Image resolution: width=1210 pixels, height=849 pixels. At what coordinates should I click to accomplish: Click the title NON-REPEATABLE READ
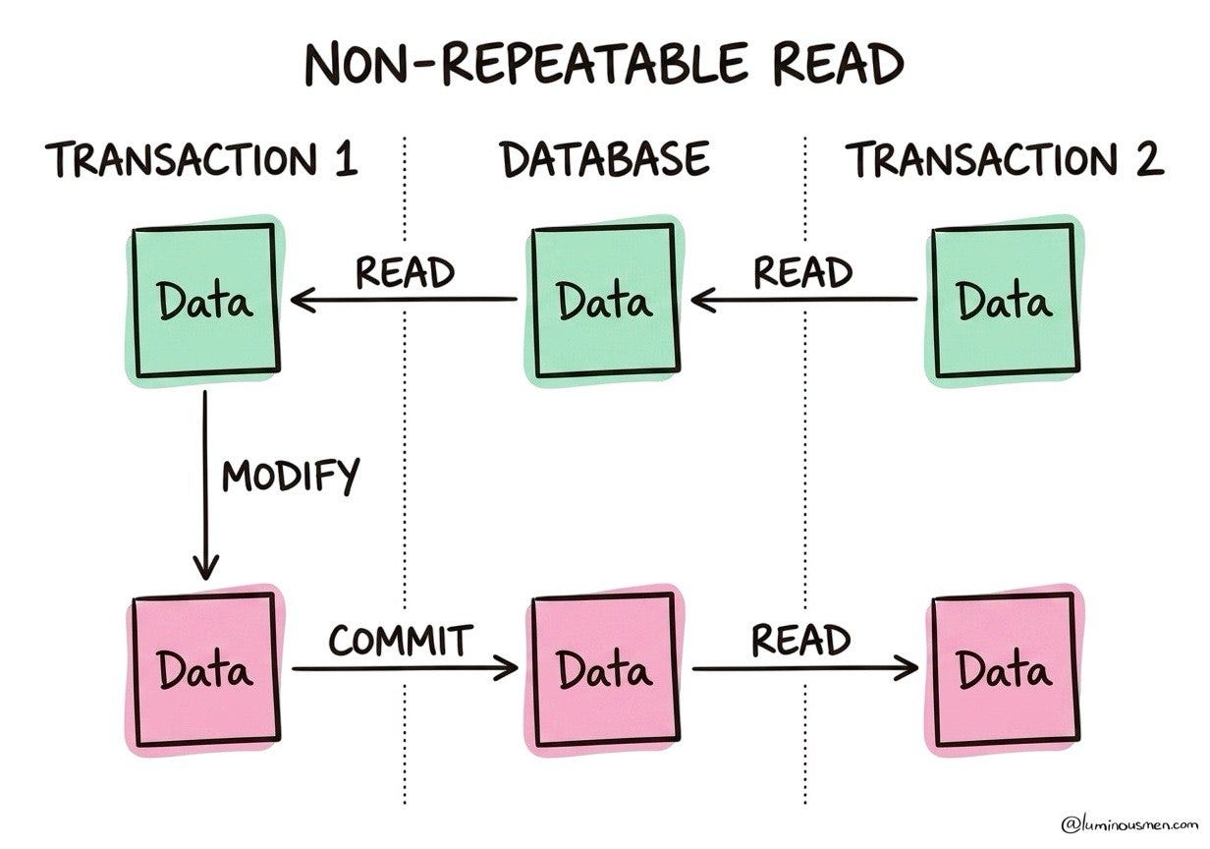click(x=604, y=63)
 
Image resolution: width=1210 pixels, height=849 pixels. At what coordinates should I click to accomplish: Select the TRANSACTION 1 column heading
click(x=201, y=159)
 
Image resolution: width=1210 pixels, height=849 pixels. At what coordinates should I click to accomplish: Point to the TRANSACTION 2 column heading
click(x=1006, y=159)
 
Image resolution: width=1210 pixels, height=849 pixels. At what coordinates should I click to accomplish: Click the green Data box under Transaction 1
click(x=206, y=301)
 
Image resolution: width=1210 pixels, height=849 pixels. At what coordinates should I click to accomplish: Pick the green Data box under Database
click(x=606, y=301)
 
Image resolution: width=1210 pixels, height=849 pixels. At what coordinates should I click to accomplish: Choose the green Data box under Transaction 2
click(x=1006, y=301)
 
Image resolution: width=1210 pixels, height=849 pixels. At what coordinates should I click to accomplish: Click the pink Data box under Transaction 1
click(x=206, y=670)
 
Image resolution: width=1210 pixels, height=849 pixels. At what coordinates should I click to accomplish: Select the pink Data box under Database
click(x=606, y=670)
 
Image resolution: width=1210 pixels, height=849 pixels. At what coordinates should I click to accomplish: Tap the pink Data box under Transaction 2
click(x=1006, y=670)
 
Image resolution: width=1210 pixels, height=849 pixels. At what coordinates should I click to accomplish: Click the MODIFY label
click(x=291, y=477)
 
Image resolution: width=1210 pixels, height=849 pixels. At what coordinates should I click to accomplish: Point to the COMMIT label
click(x=401, y=641)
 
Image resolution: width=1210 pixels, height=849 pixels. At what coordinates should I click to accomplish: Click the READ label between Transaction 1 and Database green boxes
click(x=405, y=272)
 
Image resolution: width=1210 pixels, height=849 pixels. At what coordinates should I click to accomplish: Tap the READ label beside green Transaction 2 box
click(x=802, y=272)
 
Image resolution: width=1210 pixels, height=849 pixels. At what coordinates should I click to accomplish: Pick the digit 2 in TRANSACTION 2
click(x=1149, y=159)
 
